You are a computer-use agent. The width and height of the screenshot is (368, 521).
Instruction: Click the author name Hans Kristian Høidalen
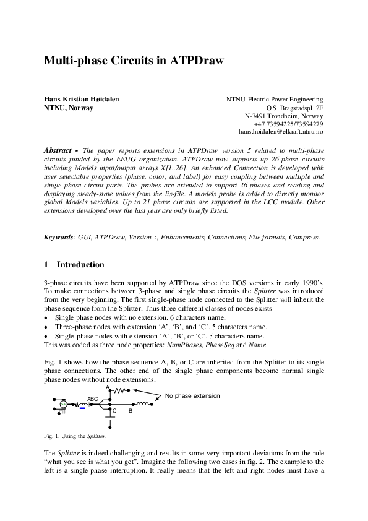[x=81, y=99]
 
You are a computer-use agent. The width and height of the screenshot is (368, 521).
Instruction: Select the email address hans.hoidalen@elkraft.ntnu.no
[x=280, y=132]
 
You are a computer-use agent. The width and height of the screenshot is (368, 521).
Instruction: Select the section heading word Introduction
[x=80, y=265]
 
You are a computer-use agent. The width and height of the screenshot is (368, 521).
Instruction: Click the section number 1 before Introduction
[x=46, y=265]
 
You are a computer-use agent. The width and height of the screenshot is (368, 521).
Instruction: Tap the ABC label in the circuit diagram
[x=93, y=399]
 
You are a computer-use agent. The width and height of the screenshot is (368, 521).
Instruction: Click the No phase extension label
[x=192, y=395]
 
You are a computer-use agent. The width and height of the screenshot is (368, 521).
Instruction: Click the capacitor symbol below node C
[x=111, y=418]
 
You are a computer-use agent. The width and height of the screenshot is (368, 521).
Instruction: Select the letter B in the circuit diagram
[x=131, y=411]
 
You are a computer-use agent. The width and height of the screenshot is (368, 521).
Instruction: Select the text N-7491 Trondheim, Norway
[x=284, y=116]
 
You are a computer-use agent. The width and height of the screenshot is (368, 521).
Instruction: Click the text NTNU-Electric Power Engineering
[x=275, y=99]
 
